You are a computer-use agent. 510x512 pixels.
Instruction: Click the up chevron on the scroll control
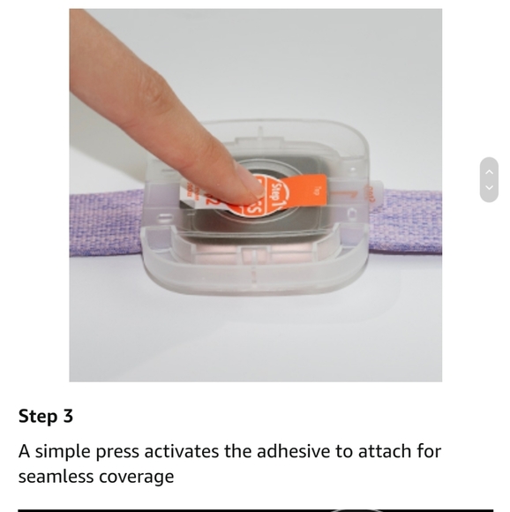pyautogui.click(x=489, y=171)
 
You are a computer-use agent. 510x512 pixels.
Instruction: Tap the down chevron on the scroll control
pyautogui.click(x=489, y=188)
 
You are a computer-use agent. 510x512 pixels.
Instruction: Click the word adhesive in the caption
pyautogui.click(x=293, y=452)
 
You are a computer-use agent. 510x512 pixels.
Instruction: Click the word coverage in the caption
pyautogui.click(x=139, y=477)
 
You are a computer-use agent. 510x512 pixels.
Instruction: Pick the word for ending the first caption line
pyautogui.click(x=429, y=452)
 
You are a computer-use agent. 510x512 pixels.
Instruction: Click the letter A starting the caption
pyautogui.click(x=25, y=452)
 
